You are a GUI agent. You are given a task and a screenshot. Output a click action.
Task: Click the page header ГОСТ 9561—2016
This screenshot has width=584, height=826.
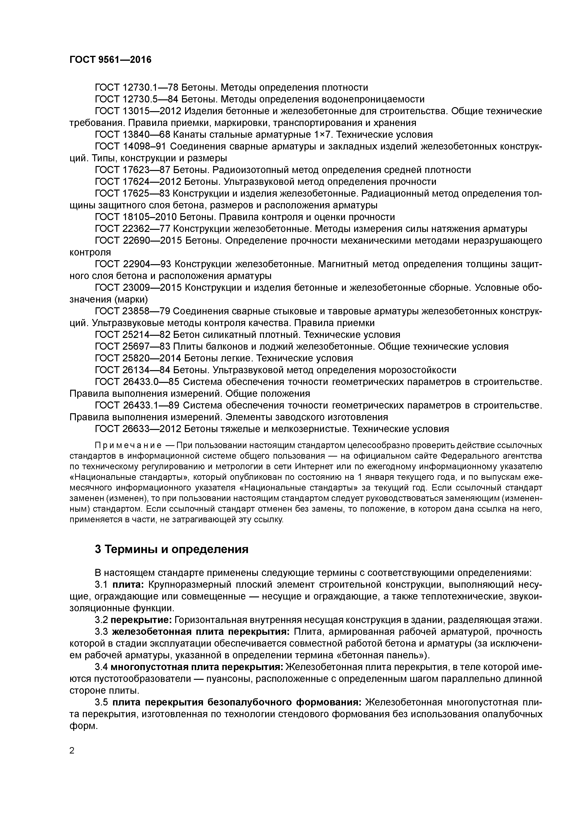point(110,60)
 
